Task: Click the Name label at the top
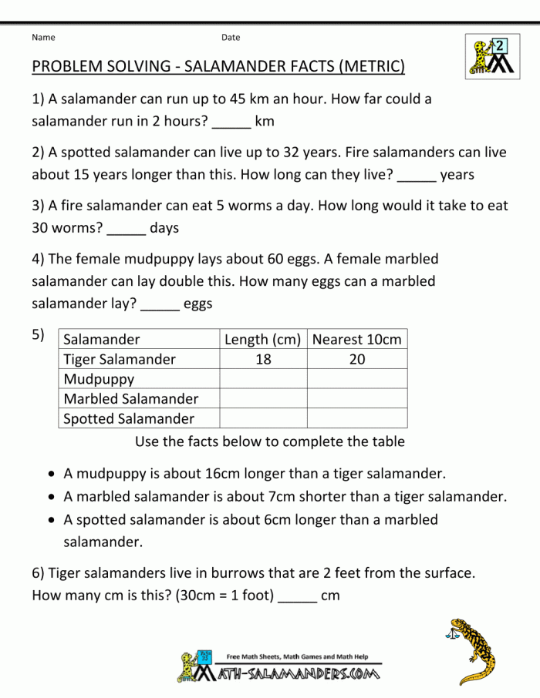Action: click(x=43, y=37)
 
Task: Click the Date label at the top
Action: click(x=231, y=37)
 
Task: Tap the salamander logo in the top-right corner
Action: click(x=487, y=55)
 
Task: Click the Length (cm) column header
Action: click(x=262, y=340)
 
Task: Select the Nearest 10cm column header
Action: click(x=357, y=340)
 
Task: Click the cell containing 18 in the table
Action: click(x=263, y=360)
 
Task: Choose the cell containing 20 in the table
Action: click(x=357, y=360)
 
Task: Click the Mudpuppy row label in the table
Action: click(x=99, y=379)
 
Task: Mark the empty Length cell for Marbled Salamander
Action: click(x=263, y=399)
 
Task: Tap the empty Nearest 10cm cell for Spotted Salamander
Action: click(x=357, y=418)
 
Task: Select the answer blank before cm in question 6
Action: click(x=297, y=596)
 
